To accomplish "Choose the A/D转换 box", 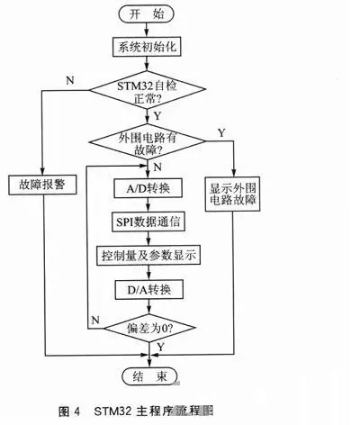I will pyautogui.click(x=149, y=190).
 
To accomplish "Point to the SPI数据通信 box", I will pyautogui.click(x=149, y=222).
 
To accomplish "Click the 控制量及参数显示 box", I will pyautogui.click(x=149, y=256).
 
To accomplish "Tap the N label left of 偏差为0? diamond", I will pyautogui.click(x=95, y=320).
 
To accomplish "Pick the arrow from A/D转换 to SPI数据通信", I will pyautogui.click(x=149, y=206).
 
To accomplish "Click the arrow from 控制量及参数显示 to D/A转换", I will pyautogui.click(x=149, y=273).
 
